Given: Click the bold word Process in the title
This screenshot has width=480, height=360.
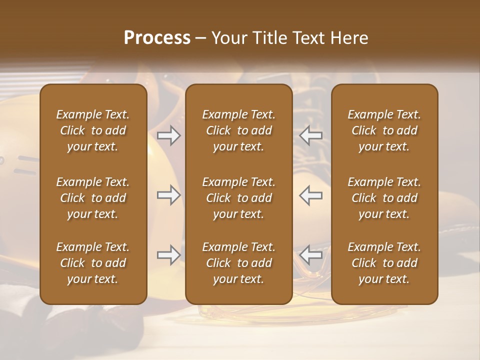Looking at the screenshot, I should click(157, 38).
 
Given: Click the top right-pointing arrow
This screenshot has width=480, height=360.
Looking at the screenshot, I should click(169, 135).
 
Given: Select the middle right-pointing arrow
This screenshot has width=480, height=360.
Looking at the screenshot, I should click(169, 195).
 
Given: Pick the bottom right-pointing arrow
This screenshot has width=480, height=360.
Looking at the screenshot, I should click(169, 255).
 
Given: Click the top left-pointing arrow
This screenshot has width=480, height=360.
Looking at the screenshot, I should click(311, 135).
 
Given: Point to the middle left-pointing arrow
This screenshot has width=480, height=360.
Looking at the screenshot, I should click(311, 195).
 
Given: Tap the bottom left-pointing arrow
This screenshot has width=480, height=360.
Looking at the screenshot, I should click(311, 255).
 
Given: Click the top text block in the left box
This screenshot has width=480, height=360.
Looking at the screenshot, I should click(93, 130).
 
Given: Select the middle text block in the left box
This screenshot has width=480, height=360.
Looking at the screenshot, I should click(93, 198).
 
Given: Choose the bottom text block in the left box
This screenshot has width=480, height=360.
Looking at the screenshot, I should click(93, 263).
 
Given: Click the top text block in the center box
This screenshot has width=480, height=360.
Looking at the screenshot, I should click(239, 130).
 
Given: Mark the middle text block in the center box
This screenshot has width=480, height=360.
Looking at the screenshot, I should click(239, 198).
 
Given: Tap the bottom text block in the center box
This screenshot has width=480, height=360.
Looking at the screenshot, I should click(239, 263).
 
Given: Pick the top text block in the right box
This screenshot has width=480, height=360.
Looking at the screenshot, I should click(384, 130).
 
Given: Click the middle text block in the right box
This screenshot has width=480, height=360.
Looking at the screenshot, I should click(384, 198).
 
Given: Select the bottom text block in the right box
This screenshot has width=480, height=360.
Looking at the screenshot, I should click(384, 263).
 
